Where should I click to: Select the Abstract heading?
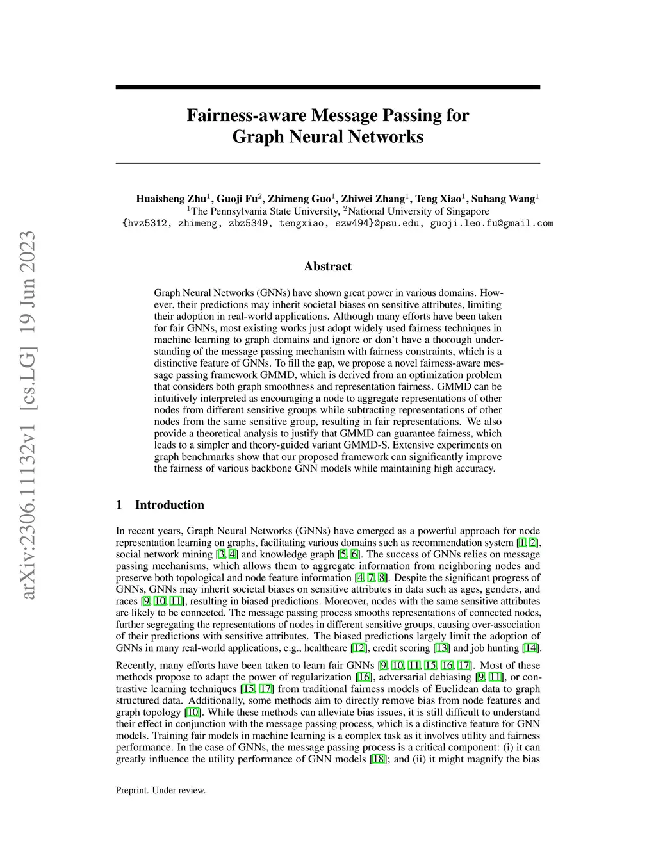coord(327,267)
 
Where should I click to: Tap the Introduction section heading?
coord(169,505)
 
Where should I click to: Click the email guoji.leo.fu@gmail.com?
coord(491,224)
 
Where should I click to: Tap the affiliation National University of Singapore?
coord(418,211)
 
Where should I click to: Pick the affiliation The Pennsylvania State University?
coord(264,211)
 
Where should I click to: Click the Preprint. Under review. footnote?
coord(161,790)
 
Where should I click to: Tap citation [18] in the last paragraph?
coord(378,759)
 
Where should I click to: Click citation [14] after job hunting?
coord(531,648)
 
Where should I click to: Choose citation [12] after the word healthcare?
coord(359,648)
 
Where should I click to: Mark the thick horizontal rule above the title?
coord(327,87)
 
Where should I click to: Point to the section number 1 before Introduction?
coord(119,505)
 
